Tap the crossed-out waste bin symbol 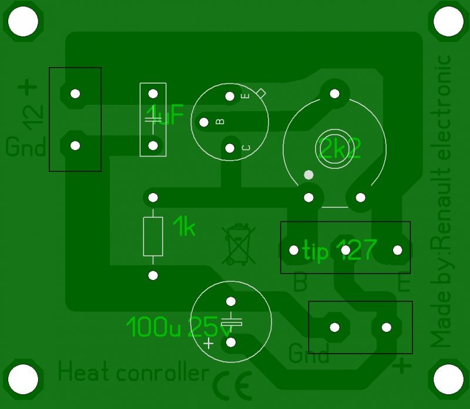(238, 245)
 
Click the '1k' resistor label (184, 227)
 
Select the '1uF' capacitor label (165, 115)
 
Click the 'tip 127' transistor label (339, 250)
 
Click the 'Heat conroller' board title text (134, 373)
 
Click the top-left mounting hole (23, 22)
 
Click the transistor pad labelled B (204, 122)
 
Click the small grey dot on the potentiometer (308, 175)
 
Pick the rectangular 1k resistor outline (153, 236)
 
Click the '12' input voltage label (33, 116)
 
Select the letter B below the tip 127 (300, 284)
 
